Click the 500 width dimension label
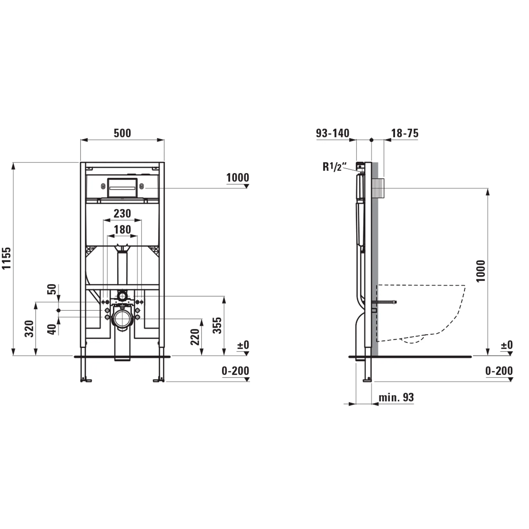point(122,133)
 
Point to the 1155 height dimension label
point(7,258)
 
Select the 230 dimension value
point(122,213)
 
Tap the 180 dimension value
point(122,229)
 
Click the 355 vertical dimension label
point(217,325)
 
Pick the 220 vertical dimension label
point(195,337)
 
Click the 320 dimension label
point(29,329)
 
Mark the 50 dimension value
point(52,289)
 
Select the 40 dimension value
point(52,329)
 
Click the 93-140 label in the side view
point(332,133)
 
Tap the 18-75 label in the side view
point(405,133)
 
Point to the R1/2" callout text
point(335,167)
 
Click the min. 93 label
point(396,397)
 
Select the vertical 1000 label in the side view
point(481,271)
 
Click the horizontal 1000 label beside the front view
point(238,178)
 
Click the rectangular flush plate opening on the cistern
point(122,188)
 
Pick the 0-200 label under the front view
point(235,371)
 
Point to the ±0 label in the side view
point(507,345)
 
